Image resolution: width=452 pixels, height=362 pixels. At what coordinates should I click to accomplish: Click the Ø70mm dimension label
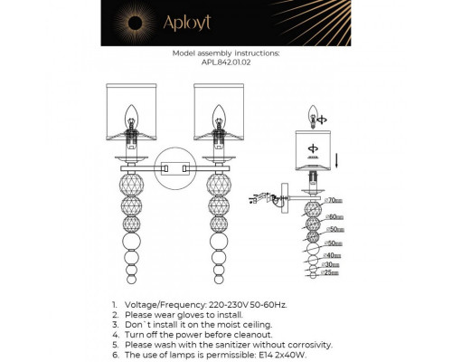click(334, 199)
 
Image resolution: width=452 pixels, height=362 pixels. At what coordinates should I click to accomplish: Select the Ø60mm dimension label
click(334, 217)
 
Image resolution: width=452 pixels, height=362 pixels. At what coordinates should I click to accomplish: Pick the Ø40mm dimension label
click(333, 256)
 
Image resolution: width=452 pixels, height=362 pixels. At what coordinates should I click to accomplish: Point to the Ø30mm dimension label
click(332, 264)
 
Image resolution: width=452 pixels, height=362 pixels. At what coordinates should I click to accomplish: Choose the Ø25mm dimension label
click(332, 273)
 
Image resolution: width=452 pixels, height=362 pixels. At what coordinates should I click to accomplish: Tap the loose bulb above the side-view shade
click(312, 117)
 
